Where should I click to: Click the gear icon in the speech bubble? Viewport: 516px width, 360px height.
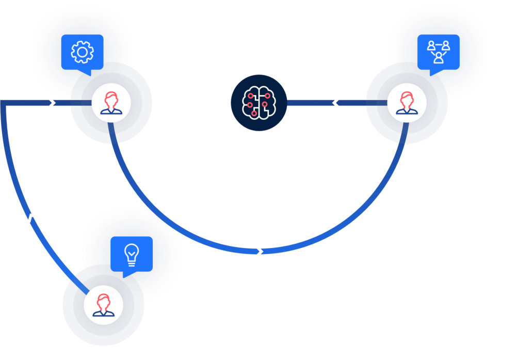tap(81, 52)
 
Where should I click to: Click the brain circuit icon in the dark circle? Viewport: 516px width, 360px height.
tap(258, 103)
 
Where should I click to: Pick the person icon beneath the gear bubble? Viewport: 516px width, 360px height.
tap(111, 102)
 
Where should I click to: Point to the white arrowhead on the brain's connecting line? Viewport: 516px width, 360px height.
tap(335, 103)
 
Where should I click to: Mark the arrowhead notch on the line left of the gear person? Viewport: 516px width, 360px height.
tap(52, 103)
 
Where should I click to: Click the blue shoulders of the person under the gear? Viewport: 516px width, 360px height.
tap(111, 109)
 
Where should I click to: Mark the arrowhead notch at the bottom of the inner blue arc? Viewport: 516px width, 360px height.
tap(260, 252)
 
